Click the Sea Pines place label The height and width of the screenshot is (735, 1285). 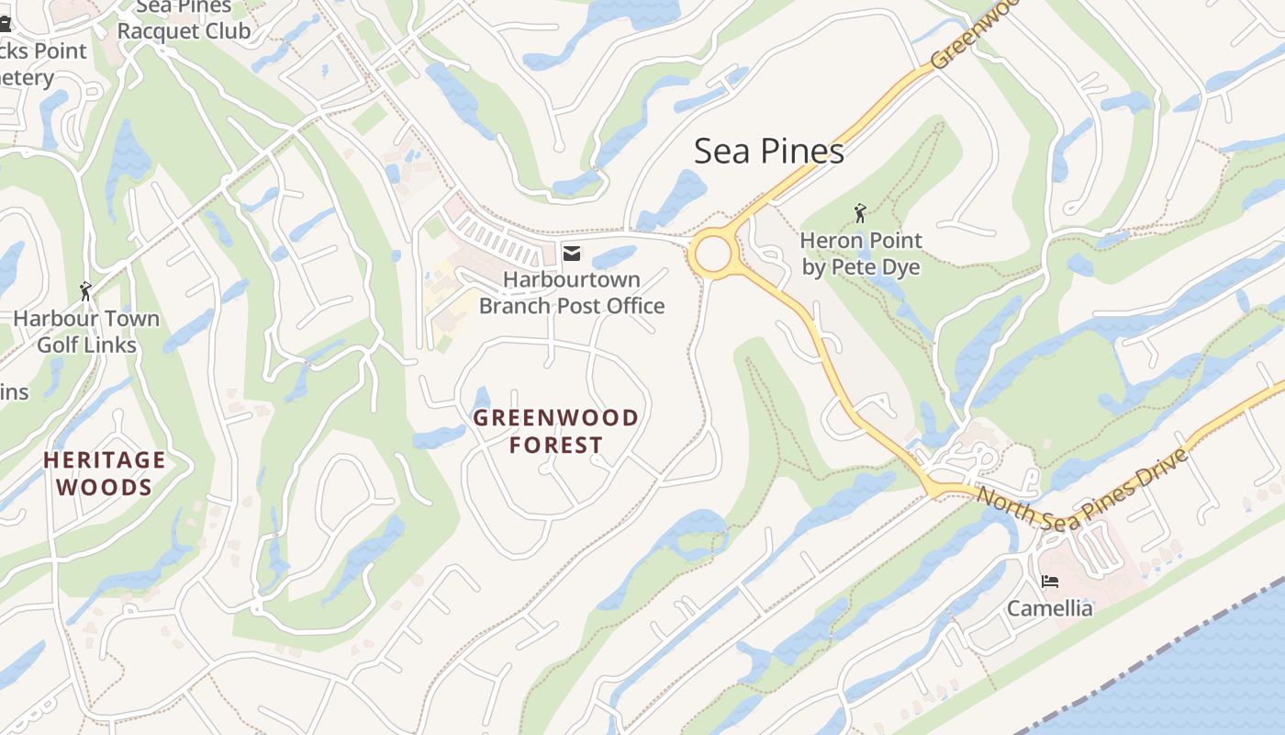click(768, 151)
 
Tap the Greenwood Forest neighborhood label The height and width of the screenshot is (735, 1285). click(556, 431)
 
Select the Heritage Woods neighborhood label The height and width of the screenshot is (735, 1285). click(105, 472)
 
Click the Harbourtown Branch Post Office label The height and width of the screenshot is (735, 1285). click(571, 292)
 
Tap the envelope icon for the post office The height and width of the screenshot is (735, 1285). click(572, 253)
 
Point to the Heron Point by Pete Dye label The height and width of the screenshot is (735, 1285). click(861, 254)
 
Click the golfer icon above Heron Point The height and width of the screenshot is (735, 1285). click(860, 213)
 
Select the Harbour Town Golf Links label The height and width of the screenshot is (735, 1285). click(86, 332)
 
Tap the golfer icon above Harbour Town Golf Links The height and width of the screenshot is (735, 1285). click(86, 291)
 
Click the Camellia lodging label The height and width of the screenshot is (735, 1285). click(1050, 608)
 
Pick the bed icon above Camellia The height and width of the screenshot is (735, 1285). click(1050, 581)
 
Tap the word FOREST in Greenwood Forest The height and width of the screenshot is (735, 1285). click(556, 446)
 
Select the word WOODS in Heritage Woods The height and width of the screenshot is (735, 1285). click(105, 487)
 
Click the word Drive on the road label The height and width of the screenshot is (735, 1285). click(1159, 469)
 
